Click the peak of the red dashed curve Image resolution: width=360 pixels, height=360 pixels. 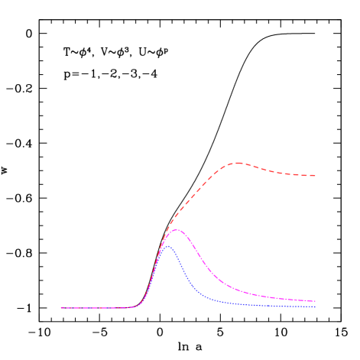click(x=238, y=163)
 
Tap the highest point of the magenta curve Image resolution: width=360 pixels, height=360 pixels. click(x=177, y=229)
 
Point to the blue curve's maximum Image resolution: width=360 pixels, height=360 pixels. click(x=167, y=246)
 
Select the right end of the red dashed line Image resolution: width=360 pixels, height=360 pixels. click(x=315, y=176)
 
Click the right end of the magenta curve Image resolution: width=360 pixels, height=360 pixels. click(x=315, y=301)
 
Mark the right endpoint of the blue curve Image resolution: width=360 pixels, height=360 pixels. click(x=315, y=306)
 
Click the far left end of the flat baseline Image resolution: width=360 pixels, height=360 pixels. click(x=61, y=308)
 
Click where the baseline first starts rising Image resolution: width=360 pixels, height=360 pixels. click(x=136, y=306)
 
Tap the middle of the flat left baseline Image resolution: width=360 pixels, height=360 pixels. click(x=98, y=308)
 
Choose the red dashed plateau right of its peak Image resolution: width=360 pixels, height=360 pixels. click(x=283, y=173)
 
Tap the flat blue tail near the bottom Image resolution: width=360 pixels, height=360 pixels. click(x=268, y=305)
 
